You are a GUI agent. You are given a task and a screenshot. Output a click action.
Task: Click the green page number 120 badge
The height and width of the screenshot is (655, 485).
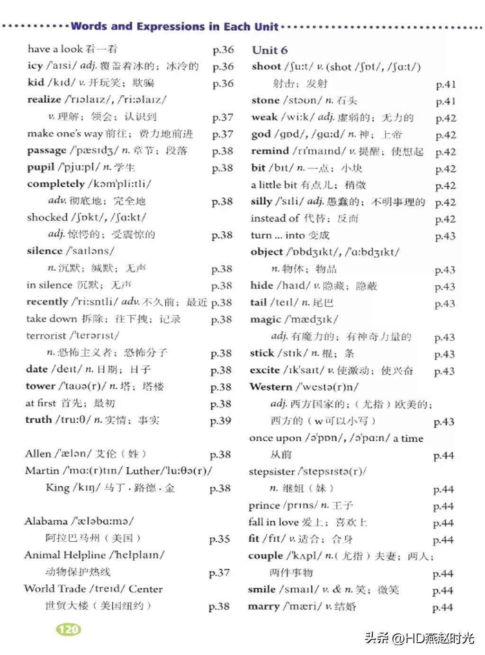69,629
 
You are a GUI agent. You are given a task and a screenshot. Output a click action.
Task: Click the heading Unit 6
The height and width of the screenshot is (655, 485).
269,50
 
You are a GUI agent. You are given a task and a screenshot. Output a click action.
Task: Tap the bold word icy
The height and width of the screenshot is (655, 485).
35,66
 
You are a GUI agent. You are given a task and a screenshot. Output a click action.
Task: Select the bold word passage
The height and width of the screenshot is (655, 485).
46,151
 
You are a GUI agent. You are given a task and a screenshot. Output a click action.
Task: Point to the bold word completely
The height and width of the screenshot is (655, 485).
55,184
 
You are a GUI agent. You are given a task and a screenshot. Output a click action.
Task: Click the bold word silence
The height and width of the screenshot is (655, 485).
45,251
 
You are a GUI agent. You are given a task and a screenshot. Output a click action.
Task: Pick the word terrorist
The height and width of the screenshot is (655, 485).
46,336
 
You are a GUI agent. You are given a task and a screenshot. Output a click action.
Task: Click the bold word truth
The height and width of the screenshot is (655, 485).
38,420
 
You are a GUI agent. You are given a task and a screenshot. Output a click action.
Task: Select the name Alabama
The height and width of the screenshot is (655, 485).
46,521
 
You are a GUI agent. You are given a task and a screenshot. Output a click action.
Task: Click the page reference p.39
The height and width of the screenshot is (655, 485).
220,421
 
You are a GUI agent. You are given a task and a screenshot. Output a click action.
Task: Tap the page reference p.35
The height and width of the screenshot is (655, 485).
219,539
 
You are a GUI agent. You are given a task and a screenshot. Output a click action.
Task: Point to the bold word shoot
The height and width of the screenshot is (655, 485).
266,66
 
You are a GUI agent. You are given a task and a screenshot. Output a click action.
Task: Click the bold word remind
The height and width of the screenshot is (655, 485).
269,151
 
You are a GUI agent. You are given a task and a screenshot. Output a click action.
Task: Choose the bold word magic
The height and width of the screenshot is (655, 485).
265,319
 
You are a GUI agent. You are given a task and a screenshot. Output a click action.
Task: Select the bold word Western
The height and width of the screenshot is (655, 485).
271,387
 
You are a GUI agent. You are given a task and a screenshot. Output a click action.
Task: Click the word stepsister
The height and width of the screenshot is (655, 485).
271,472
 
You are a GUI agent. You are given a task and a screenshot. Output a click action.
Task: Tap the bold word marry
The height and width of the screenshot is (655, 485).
263,607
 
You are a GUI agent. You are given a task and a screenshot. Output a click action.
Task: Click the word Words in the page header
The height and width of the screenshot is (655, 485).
88,27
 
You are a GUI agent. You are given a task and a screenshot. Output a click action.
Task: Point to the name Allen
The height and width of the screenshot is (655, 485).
38,454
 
